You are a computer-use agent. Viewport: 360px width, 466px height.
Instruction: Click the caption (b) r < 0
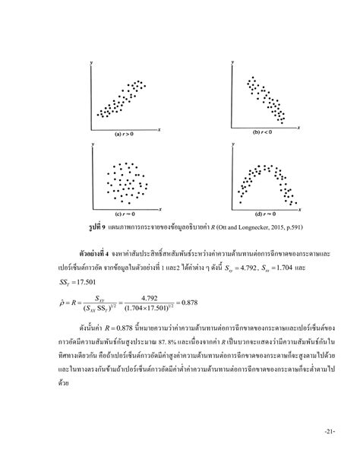263,132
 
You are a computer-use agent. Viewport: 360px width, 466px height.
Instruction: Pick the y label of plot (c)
92,150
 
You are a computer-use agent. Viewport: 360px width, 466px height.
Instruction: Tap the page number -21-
327,453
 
